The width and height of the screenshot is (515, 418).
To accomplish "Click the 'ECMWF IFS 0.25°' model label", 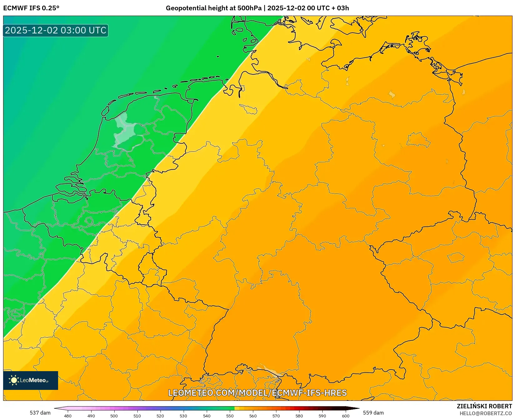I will [31, 8].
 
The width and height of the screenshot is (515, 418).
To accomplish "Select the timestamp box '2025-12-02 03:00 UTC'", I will [56, 31].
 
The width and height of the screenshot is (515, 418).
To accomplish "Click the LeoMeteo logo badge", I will [31, 380].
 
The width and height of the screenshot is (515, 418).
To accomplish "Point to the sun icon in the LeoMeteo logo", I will [14, 380].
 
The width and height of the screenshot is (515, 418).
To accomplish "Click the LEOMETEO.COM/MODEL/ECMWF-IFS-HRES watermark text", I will [257, 393].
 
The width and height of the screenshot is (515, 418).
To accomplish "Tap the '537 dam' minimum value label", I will [40, 413].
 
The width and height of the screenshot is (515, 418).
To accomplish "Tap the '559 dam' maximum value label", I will [373, 413].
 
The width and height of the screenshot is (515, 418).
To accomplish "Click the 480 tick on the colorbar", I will [68, 416].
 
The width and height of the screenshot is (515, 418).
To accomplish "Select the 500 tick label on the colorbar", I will [114, 416].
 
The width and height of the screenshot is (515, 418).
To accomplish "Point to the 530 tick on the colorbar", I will [183, 416].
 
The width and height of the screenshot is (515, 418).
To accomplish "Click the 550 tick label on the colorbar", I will [230, 416].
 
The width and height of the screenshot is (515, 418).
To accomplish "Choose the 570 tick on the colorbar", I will [276, 416].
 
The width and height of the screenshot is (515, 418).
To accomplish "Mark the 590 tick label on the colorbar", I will [322, 416].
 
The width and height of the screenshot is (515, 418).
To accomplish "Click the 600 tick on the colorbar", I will [345, 416].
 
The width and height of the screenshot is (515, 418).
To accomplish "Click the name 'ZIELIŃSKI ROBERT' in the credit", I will [484, 406].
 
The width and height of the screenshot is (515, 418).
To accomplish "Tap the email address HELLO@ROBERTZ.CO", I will [486, 413].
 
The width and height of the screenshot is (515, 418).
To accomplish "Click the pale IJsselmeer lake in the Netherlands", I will [125, 131].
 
